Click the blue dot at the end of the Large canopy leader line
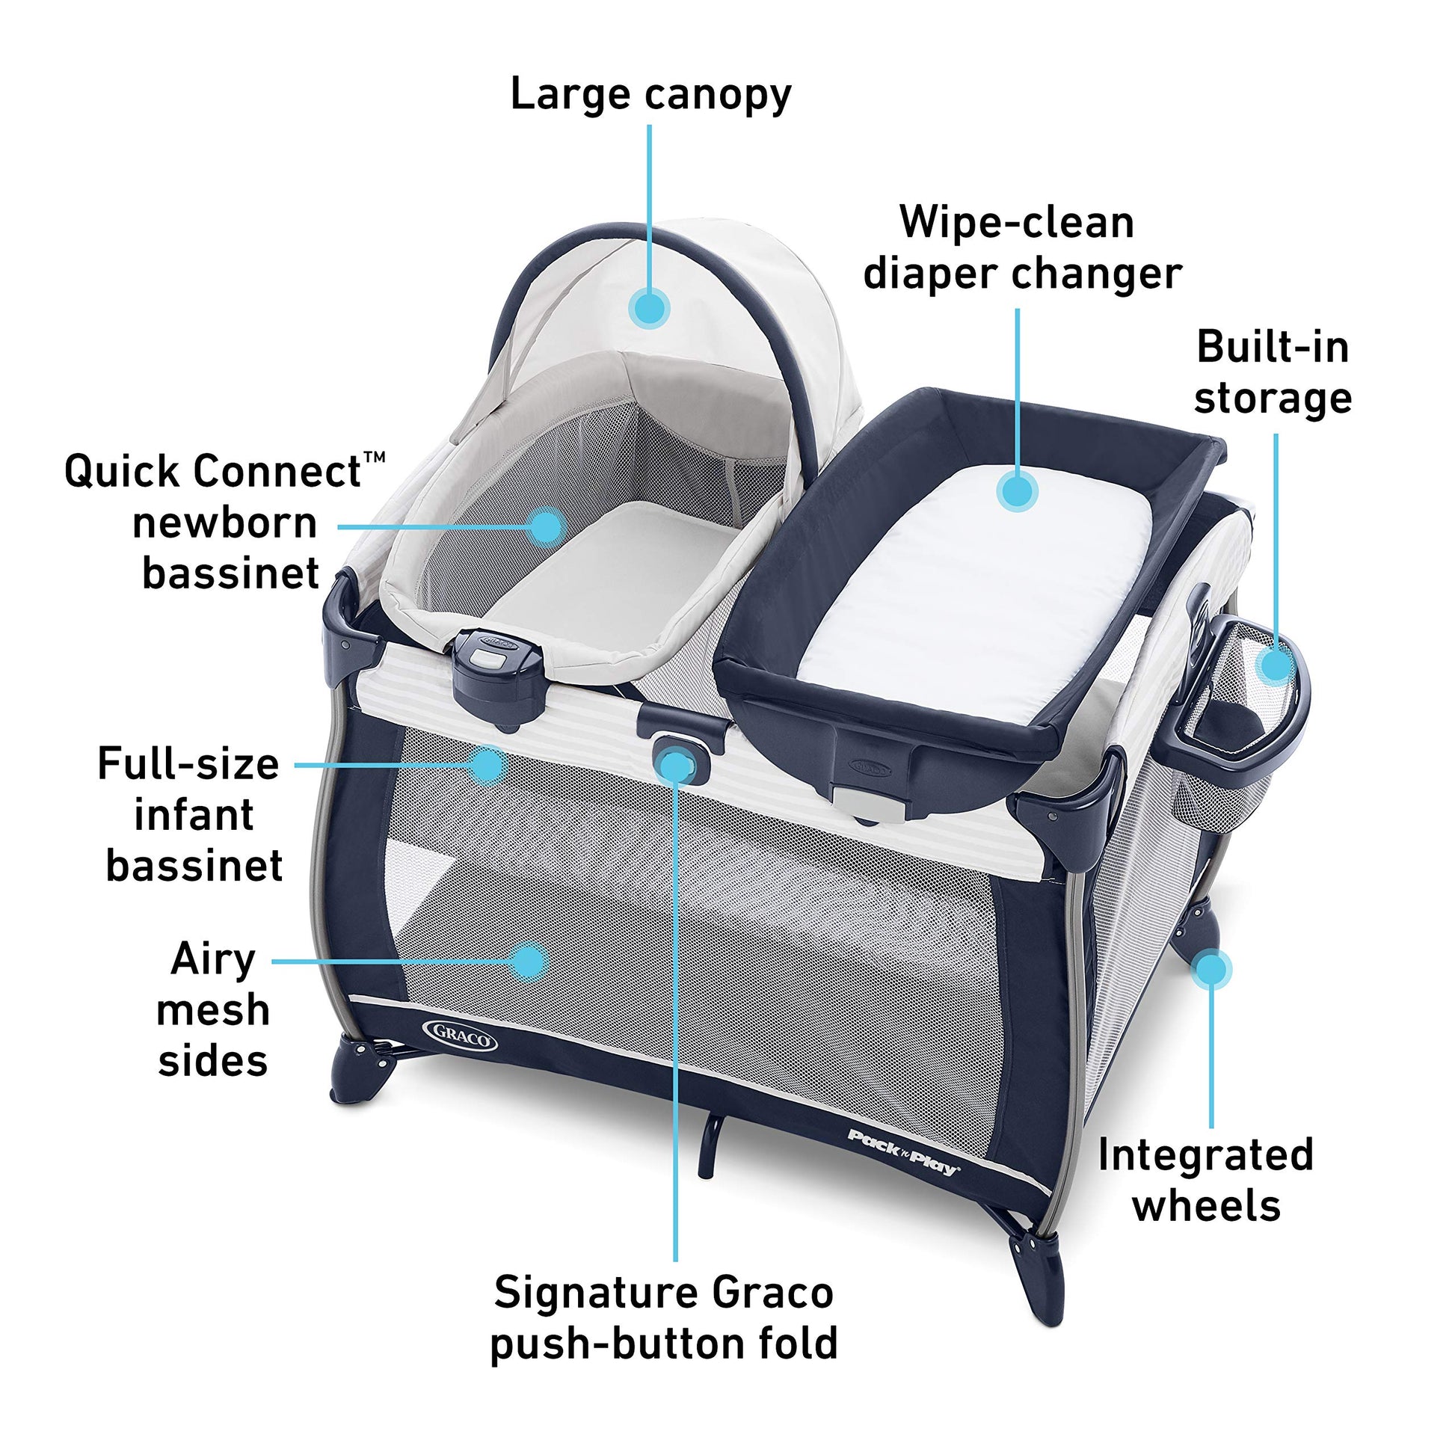pyautogui.click(x=649, y=308)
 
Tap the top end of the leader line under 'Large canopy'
pyautogui.click(x=649, y=125)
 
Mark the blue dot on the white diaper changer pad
pyautogui.click(x=1018, y=491)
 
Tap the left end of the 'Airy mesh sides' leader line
pyautogui.click(x=273, y=962)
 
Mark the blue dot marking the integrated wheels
pyautogui.click(x=1212, y=969)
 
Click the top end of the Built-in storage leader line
pyautogui.click(x=1276, y=434)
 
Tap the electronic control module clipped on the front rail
pyautogui.click(x=499, y=671)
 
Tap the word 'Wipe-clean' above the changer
pyautogui.click(x=1017, y=224)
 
